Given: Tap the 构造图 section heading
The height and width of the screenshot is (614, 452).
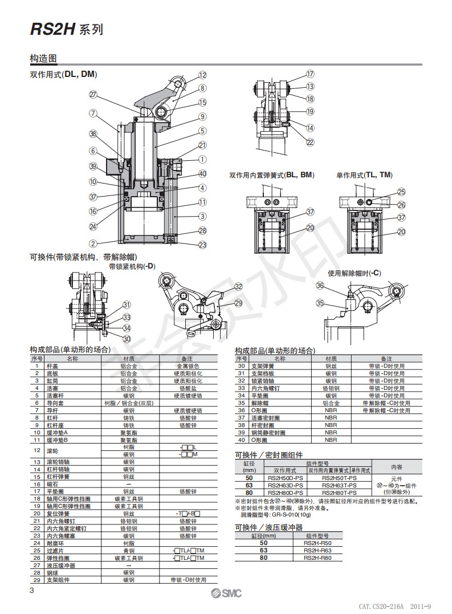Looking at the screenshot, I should click(43, 59).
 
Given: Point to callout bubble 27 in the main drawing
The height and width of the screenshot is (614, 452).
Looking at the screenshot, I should click(93, 95).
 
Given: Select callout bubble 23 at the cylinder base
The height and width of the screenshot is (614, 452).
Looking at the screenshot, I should click(202, 245).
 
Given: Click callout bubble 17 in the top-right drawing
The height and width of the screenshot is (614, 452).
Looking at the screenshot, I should click(310, 74).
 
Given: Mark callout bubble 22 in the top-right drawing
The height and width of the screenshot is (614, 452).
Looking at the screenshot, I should click(310, 143).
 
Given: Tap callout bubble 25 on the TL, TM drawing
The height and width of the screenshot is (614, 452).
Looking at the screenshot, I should click(401, 193).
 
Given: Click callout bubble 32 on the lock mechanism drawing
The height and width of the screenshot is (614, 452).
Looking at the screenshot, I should click(238, 287).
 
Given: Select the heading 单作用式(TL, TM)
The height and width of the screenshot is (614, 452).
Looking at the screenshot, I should click(364, 175).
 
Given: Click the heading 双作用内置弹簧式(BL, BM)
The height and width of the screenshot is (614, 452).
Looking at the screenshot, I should click(271, 175).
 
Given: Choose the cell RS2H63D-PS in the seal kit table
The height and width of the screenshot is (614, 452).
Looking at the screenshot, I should click(285, 485).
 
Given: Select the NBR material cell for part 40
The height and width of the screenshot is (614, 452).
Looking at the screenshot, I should click(331, 440).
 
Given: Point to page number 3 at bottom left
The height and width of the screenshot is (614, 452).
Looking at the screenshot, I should click(32, 590).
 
